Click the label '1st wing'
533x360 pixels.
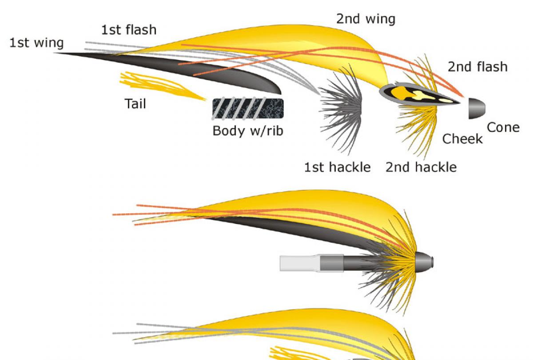tap(36, 43)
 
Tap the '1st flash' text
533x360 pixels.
tap(129, 30)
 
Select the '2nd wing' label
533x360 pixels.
tap(365, 19)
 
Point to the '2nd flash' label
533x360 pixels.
tap(477, 67)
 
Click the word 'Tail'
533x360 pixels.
tap(135, 104)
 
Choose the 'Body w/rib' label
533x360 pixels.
tap(247, 131)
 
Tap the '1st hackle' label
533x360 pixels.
tap(337, 167)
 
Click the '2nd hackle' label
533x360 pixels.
tap(421, 167)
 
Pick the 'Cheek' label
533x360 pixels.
tap(462, 139)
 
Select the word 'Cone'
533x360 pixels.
tap(503, 128)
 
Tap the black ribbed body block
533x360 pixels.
tap(248, 108)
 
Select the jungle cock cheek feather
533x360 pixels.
tap(418, 95)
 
